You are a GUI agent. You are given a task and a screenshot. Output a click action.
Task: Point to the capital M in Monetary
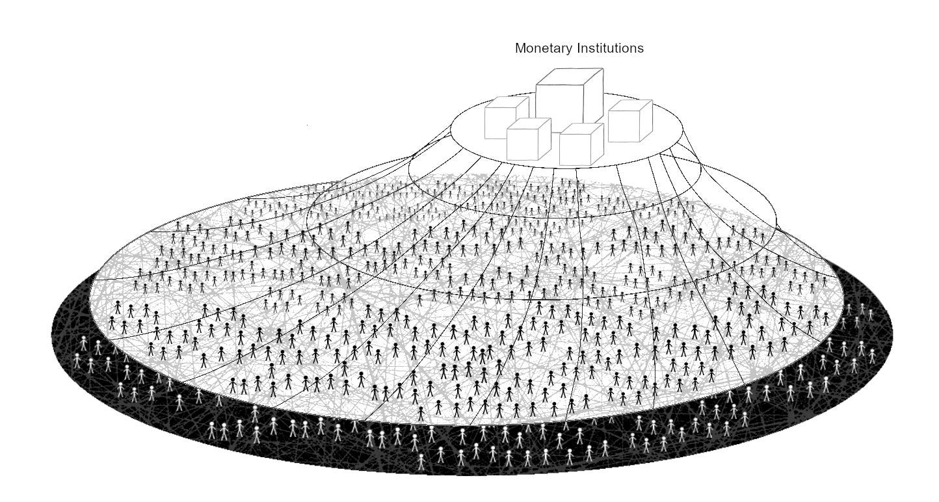click(520, 48)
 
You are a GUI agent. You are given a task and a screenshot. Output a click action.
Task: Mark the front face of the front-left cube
click(523, 144)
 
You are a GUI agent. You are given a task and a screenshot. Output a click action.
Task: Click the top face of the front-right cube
click(582, 128)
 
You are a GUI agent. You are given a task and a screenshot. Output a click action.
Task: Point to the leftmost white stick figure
click(77, 359)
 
